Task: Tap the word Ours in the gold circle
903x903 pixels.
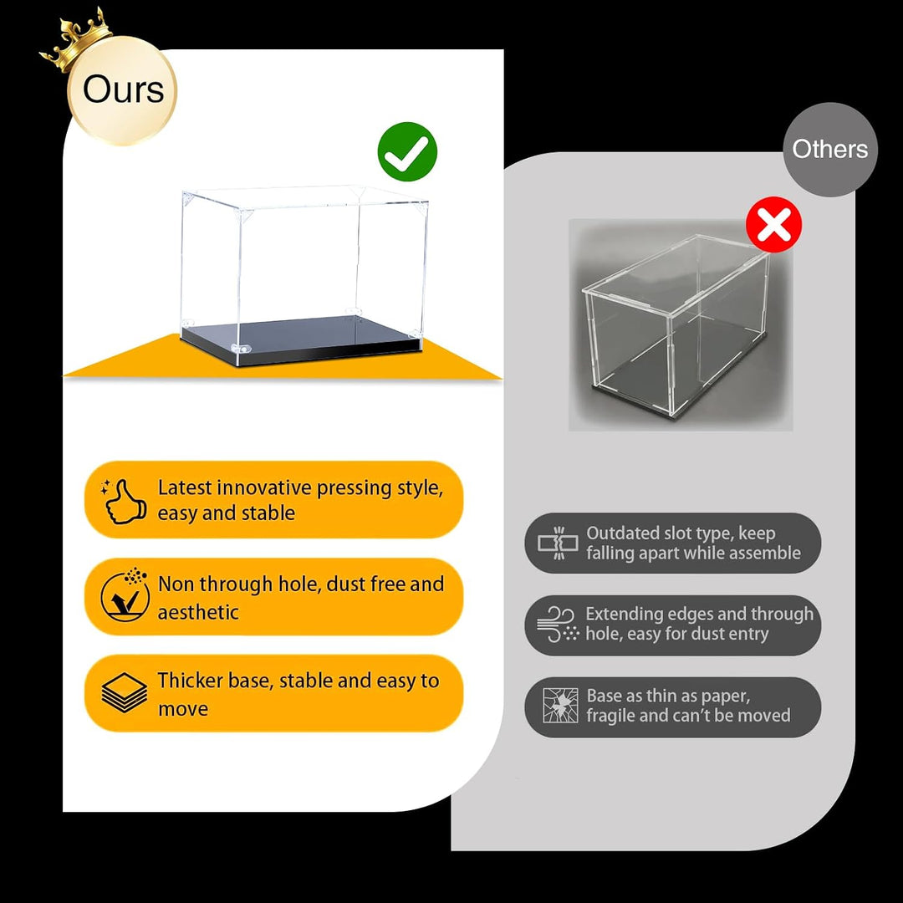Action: click(123, 89)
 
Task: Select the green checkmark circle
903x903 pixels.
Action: click(407, 151)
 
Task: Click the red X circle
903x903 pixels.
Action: click(773, 225)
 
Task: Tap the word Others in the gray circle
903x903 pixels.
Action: click(830, 149)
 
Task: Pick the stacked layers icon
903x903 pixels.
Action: click(124, 692)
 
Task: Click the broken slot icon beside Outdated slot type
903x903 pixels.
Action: click(558, 543)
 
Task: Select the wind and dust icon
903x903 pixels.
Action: click(558, 625)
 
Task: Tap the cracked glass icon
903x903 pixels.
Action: click(560, 706)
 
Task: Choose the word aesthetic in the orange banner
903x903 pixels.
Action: click(198, 612)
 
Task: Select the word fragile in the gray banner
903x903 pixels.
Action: click(610, 716)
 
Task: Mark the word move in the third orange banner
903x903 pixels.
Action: click(182, 709)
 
